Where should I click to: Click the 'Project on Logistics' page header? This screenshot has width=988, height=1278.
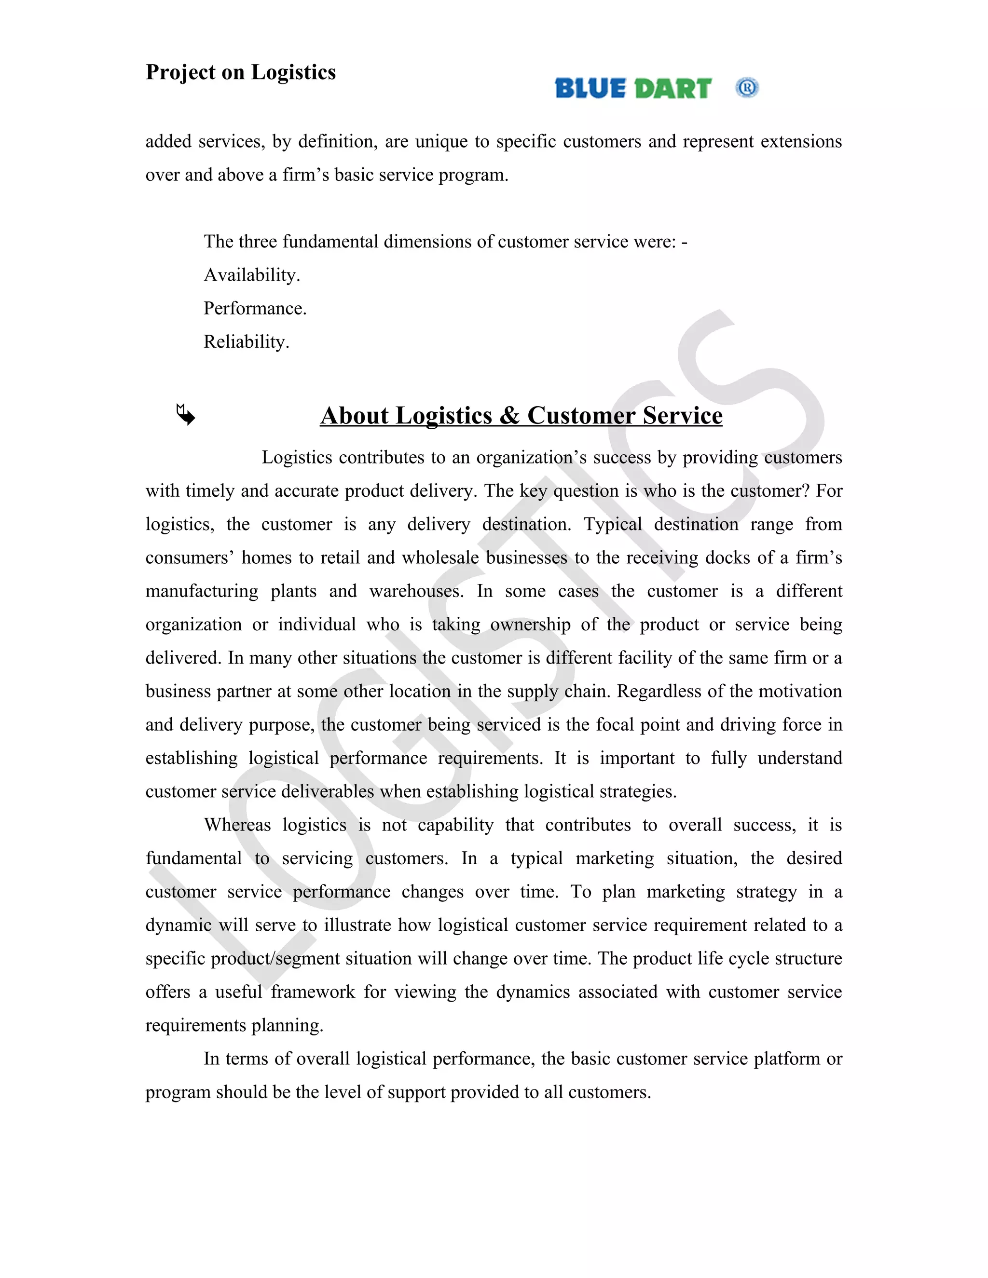click(241, 72)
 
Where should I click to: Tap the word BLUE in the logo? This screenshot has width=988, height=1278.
click(590, 88)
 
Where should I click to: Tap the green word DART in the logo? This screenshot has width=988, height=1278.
click(673, 88)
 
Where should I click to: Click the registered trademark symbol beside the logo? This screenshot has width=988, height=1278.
click(747, 88)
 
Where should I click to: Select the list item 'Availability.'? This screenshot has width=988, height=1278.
click(252, 275)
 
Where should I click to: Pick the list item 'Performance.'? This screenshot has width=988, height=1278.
click(255, 308)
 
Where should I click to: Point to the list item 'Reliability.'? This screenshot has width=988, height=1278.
click(247, 342)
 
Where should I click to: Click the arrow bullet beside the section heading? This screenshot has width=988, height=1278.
click(186, 415)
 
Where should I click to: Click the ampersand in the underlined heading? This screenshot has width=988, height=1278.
click(510, 415)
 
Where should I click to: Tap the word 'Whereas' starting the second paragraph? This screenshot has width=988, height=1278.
click(237, 825)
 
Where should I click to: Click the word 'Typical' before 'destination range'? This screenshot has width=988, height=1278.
click(612, 524)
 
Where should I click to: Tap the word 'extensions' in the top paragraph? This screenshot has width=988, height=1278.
click(801, 142)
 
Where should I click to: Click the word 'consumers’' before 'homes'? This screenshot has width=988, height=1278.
click(190, 557)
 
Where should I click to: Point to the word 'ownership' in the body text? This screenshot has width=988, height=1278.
click(530, 625)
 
